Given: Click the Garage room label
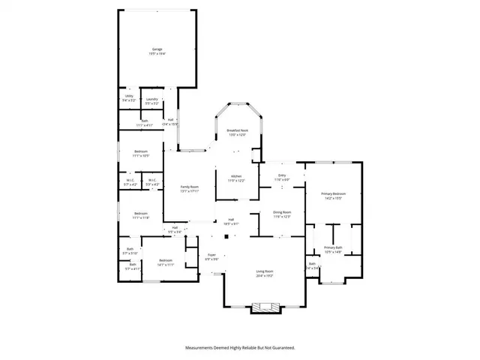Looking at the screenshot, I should point(157,49).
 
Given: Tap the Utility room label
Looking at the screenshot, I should point(129,96).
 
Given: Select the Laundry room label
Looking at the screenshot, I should point(151,96).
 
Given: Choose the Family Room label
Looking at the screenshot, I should point(188,187).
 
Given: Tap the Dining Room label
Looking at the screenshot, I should point(282,212).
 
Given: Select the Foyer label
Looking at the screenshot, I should point(211,255).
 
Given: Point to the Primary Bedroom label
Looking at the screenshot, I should point(332,194).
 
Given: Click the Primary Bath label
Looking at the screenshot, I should point(333,248).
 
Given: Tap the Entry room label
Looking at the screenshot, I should point(281,176).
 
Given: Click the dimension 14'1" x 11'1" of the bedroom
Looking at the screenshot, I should point(165,265).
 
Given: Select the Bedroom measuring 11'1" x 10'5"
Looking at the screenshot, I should point(141,152).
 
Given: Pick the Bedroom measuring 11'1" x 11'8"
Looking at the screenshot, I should point(141,213).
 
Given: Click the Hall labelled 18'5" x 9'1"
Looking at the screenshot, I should point(232,220).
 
